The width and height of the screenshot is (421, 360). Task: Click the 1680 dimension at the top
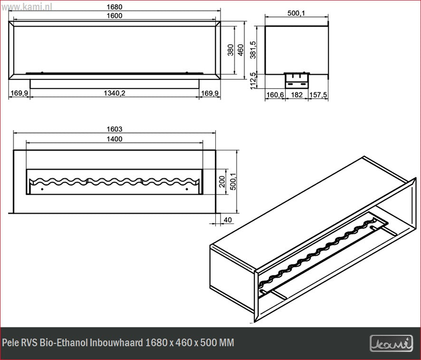[x=115, y=7]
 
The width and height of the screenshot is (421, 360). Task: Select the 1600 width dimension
[x=115, y=16]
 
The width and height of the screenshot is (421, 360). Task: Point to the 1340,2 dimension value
[x=115, y=93]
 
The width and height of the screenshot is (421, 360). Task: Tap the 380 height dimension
[x=230, y=50]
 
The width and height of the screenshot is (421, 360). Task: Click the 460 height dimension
[x=240, y=50]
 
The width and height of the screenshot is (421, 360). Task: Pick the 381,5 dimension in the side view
[x=253, y=50]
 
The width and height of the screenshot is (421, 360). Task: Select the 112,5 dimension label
[x=253, y=80]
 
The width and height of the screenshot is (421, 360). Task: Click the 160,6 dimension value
[x=275, y=95]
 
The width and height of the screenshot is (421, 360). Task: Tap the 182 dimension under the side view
[x=297, y=95]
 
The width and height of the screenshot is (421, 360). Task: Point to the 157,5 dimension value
[x=318, y=95]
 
